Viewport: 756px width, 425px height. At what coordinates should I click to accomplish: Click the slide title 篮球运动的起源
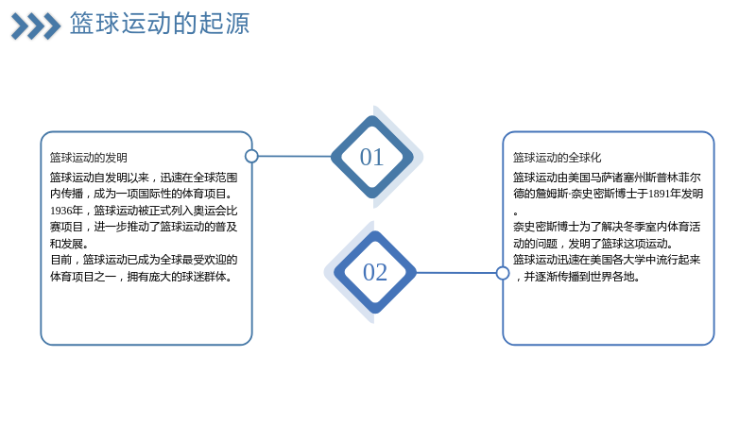[x=160, y=23]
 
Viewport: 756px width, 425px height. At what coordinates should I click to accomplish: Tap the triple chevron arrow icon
[x=36, y=26]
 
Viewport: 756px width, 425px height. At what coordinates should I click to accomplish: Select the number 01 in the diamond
[x=371, y=157]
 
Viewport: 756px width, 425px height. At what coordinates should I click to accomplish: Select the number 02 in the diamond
[x=375, y=272]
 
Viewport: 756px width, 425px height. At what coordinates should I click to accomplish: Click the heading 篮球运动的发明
[x=89, y=158]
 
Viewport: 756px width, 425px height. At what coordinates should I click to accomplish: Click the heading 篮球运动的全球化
[x=557, y=158]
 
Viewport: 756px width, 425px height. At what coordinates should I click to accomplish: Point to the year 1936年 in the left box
[x=66, y=211]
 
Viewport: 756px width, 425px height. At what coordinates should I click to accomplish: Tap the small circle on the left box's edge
[x=251, y=156]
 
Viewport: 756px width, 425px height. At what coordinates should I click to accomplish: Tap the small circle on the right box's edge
[x=503, y=273]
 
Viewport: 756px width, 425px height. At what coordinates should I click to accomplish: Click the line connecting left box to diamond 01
[x=295, y=156]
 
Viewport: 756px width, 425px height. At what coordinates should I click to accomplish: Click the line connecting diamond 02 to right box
[x=456, y=273]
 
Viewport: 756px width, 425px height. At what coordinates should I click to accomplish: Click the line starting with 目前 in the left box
[x=144, y=260]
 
